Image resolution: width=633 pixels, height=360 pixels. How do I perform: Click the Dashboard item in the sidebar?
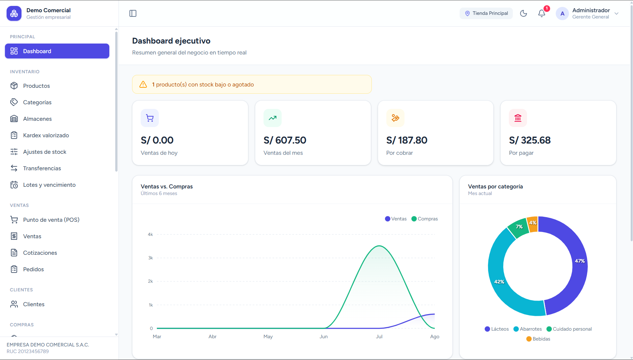coord(57,51)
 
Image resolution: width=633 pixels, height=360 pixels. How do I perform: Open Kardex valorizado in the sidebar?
coord(46,135)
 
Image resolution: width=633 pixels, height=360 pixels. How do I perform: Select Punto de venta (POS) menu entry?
coord(51,220)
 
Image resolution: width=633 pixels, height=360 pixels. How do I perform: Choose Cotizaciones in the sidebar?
coord(40,253)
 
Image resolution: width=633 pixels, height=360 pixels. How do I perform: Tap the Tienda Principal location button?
coord(486,13)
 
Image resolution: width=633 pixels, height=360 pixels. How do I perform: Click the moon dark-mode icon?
coord(523,13)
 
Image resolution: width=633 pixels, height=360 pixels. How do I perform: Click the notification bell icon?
coord(542,13)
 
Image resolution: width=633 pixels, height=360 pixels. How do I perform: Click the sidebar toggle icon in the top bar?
coord(133,13)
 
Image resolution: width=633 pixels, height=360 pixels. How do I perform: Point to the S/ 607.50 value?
coord(285,140)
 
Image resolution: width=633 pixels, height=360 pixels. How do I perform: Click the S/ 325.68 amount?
coord(530,140)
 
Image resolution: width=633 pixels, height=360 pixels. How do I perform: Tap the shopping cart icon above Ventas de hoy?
coord(150,118)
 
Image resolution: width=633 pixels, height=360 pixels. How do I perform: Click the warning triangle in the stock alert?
coord(143,84)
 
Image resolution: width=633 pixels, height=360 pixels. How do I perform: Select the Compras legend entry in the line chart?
coord(425,219)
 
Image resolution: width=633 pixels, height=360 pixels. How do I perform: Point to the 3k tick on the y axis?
coord(151,258)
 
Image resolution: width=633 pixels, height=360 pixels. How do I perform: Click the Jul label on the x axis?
coord(379,337)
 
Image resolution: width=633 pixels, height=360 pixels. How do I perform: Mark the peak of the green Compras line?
coord(379,246)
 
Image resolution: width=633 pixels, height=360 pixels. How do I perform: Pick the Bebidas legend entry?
coord(538,339)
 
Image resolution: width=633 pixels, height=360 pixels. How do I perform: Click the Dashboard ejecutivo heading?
coord(171,41)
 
